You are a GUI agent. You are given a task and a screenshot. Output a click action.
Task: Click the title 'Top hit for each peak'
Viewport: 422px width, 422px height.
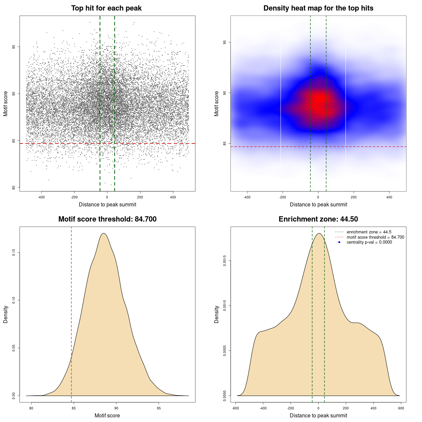tap(106, 8)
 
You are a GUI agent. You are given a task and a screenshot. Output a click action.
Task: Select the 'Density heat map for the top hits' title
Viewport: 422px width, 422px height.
tap(318, 8)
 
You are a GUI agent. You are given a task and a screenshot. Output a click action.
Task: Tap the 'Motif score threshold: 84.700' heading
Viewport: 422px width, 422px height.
tap(107, 219)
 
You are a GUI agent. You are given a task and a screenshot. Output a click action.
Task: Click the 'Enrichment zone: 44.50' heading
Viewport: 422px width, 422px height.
tap(318, 219)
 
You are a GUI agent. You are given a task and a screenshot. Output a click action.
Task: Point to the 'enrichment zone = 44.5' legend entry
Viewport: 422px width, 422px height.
tap(369, 232)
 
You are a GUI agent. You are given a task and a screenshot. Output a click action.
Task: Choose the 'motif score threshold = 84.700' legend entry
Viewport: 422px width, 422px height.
tap(375, 237)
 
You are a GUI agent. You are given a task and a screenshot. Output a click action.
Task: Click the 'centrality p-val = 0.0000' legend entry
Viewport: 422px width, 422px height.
tap(369, 242)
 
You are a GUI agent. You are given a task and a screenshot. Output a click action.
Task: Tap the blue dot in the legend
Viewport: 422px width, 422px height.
tap(339, 242)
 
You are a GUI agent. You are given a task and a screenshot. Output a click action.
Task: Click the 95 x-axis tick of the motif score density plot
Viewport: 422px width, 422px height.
tap(159, 408)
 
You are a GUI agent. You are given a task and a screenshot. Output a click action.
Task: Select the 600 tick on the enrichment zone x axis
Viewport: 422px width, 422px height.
tap(401, 408)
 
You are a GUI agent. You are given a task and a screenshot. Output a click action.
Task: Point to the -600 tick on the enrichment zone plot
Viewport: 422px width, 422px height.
tap(235, 408)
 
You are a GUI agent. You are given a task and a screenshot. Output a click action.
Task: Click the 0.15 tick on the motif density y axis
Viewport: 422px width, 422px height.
tap(14, 253)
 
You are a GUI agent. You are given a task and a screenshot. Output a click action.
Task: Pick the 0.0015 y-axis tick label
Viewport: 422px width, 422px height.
tap(225, 261)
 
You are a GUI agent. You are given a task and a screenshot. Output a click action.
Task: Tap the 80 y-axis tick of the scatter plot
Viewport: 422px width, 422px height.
tap(14, 188)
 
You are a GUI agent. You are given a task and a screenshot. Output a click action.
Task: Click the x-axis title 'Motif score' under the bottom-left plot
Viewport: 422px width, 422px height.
tap(107, 415)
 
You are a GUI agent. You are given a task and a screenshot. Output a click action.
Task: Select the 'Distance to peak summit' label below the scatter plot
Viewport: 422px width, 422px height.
tap(107, 204)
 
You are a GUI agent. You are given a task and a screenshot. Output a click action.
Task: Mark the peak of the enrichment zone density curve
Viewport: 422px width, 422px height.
tap(319, 233)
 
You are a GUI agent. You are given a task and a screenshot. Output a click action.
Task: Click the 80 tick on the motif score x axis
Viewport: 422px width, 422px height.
tap(31, 408)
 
